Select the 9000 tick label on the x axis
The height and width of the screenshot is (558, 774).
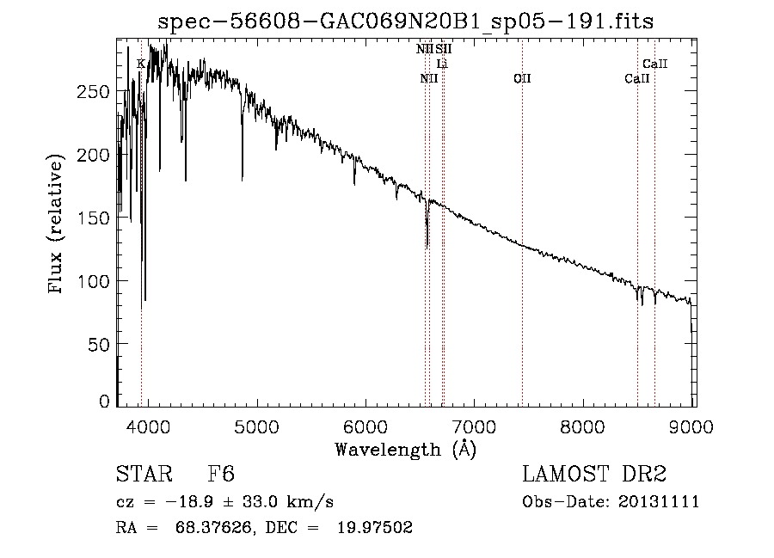pyautogui.click(x=693, y=424)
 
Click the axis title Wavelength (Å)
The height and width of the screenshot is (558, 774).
pyautogui.click(x=405, y=448)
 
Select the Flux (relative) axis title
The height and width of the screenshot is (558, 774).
pyautogui.click(x=58, y=225)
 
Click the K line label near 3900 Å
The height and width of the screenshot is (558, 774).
pyautogui.click(x=141, y=64)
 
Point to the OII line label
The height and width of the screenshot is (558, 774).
pyautogui.click(x=522, y=78)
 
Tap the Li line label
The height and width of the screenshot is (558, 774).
pyautogui.click(x=442, y=64)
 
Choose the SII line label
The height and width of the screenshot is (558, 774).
pyautogui.click(x=443, y=50)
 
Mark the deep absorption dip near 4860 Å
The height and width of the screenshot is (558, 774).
pyautogui.click(x=242, y=172)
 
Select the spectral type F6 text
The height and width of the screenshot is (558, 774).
pyautogui.click(x=221, y=474)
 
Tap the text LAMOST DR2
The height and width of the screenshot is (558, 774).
pyautogui.click(x=595, y=474)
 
